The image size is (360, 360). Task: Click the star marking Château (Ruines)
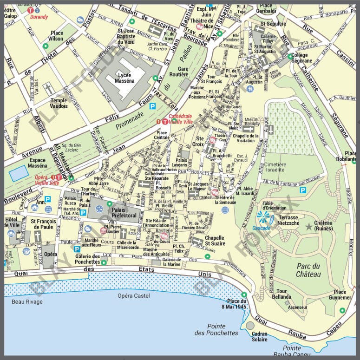point(309,226)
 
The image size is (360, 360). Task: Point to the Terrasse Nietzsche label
point(288,220)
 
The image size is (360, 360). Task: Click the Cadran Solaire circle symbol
point(250,326)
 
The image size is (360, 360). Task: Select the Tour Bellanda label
point(281,294)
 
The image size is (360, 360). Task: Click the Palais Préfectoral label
point(124,212)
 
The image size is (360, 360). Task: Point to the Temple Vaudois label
point(59,103)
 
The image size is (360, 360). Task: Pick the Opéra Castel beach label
point(131,295)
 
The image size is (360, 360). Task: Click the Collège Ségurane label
point(302,58)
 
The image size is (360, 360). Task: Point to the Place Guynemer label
point(340,295)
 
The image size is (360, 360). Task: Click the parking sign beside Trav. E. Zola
point(151,107)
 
